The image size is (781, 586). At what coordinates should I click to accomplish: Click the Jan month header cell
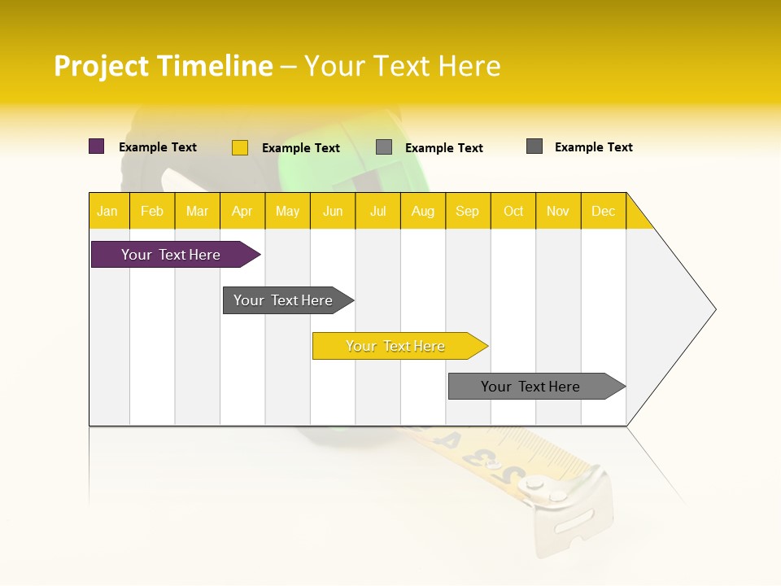[108, 211]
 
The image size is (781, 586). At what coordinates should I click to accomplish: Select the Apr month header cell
[242, 211]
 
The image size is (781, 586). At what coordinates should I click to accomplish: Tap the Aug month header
[422, 211]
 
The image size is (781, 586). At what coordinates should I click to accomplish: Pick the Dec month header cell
[603, 211]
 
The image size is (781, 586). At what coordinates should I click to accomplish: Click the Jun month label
[333, 211]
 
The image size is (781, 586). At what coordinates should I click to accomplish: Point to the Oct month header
[513, 211]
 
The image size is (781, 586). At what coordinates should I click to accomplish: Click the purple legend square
[97, 146]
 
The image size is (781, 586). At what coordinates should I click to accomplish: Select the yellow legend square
[240, 147]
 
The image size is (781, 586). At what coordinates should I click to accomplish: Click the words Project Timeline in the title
[164, 66]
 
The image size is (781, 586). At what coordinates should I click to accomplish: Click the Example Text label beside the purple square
[158, 147]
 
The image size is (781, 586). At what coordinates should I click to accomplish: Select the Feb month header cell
[152, 211]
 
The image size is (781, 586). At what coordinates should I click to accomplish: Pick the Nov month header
[558, 211]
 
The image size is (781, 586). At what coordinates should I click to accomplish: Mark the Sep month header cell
[468, 211]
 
